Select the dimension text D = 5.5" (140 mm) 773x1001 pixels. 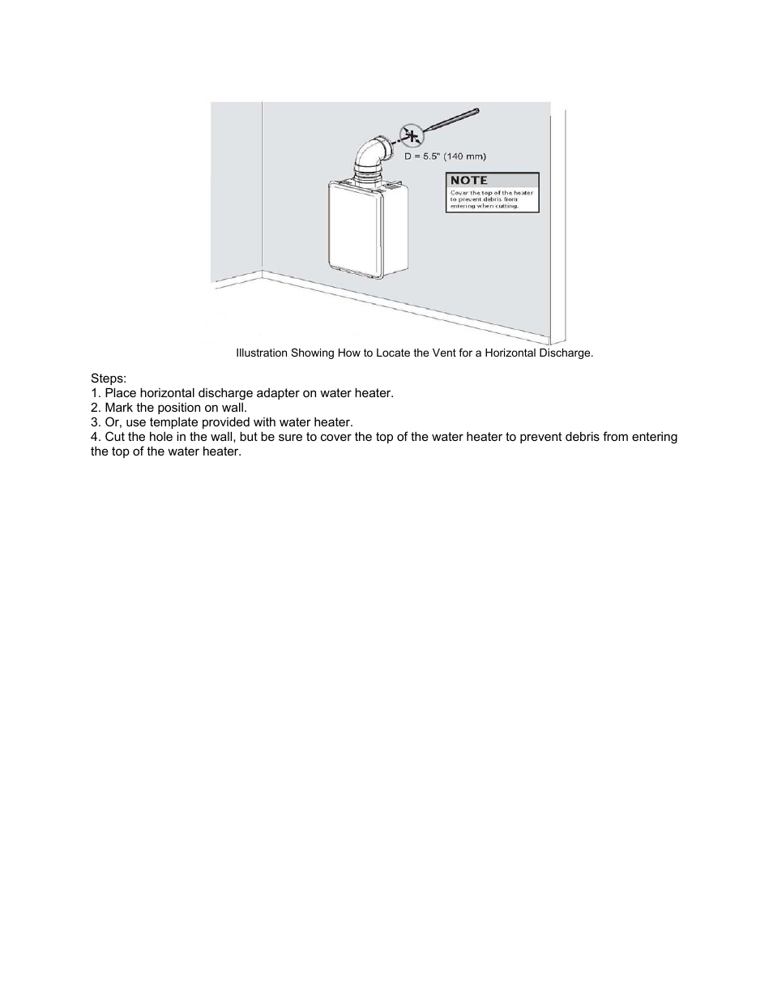pos(445,156)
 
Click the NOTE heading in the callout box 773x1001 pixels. pos(469,180)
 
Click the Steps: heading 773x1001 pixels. pos(109,379)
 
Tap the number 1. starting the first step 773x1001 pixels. pos(96,393)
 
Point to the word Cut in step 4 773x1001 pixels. pos(115,437)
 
